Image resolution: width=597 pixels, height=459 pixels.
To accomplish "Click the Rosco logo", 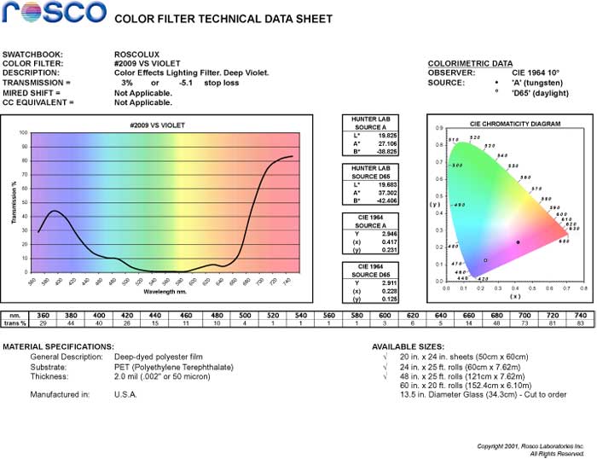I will coord(54,14).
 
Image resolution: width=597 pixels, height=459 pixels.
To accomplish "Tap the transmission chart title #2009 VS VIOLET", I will coord(164,125).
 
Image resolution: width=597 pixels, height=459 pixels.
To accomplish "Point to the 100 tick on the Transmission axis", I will coord(23,133).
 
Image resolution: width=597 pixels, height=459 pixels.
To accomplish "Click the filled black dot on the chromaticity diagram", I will coord(518,242).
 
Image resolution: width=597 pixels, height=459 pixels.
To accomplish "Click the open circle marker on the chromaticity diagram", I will coord(485,260).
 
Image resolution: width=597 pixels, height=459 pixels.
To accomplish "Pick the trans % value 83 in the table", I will coord(581,323).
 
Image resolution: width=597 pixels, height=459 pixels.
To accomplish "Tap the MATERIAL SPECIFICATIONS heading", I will coord(58,346).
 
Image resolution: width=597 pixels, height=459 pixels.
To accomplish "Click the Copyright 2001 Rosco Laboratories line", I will coord(530,446).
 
